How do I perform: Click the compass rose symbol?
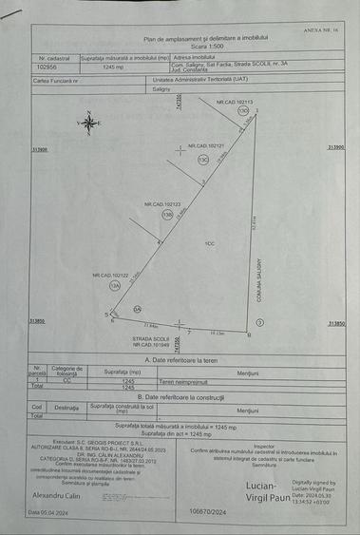point(88,121)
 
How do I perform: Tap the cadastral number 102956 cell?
point(47,67)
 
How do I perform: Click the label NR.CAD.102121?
point(207,146)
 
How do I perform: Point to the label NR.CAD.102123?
point(162,204)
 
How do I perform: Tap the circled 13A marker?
point(115,284)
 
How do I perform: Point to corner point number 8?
point(248,334)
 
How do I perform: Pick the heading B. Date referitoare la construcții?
point(180,396)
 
